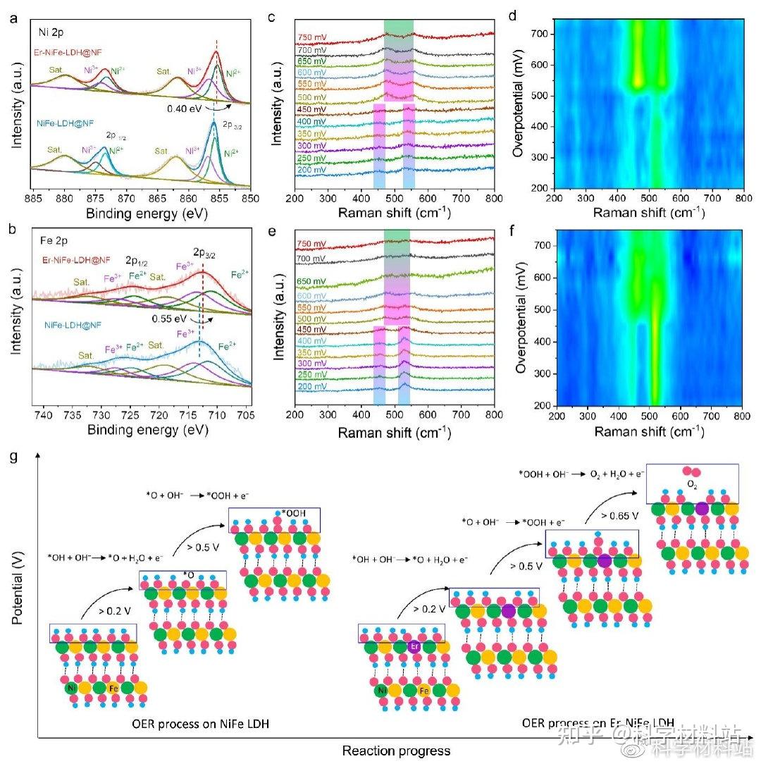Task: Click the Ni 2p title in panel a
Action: [x=53, y=32]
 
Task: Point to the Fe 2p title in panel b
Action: [x=53, y=240]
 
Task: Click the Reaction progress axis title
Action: [x=396, y=750]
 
